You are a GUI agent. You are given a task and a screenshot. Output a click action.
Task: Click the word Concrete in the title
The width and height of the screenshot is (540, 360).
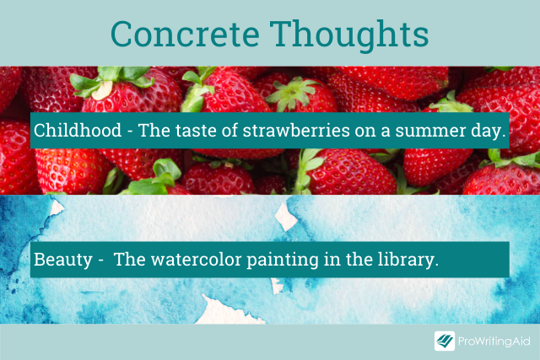coord(185,34)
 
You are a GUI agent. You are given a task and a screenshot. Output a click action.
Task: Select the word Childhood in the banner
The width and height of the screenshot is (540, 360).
coord(78,130)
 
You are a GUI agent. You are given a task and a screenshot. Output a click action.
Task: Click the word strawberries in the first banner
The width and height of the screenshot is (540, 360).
coord(296,130)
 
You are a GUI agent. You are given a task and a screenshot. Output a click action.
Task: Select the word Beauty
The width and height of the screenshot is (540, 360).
coord(63,260)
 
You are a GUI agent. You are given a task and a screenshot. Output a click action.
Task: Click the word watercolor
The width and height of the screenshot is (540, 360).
coord(197,260)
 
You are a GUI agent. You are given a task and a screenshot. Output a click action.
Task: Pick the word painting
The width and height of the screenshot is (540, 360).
coord(283,261)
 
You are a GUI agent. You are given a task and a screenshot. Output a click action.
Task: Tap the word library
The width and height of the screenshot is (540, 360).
coord(408,260)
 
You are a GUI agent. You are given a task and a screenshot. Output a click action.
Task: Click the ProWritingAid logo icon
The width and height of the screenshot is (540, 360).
coord(445,341)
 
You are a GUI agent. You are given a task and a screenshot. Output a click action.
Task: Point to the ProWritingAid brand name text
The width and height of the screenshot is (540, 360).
coord(494,341)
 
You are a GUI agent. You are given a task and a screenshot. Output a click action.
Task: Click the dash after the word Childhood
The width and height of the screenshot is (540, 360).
coord(130,132)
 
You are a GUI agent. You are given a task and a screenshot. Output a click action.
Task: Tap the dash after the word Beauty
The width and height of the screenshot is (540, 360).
coord(100,261)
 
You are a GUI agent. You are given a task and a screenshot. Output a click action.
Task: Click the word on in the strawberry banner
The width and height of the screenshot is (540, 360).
coord(365,132)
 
